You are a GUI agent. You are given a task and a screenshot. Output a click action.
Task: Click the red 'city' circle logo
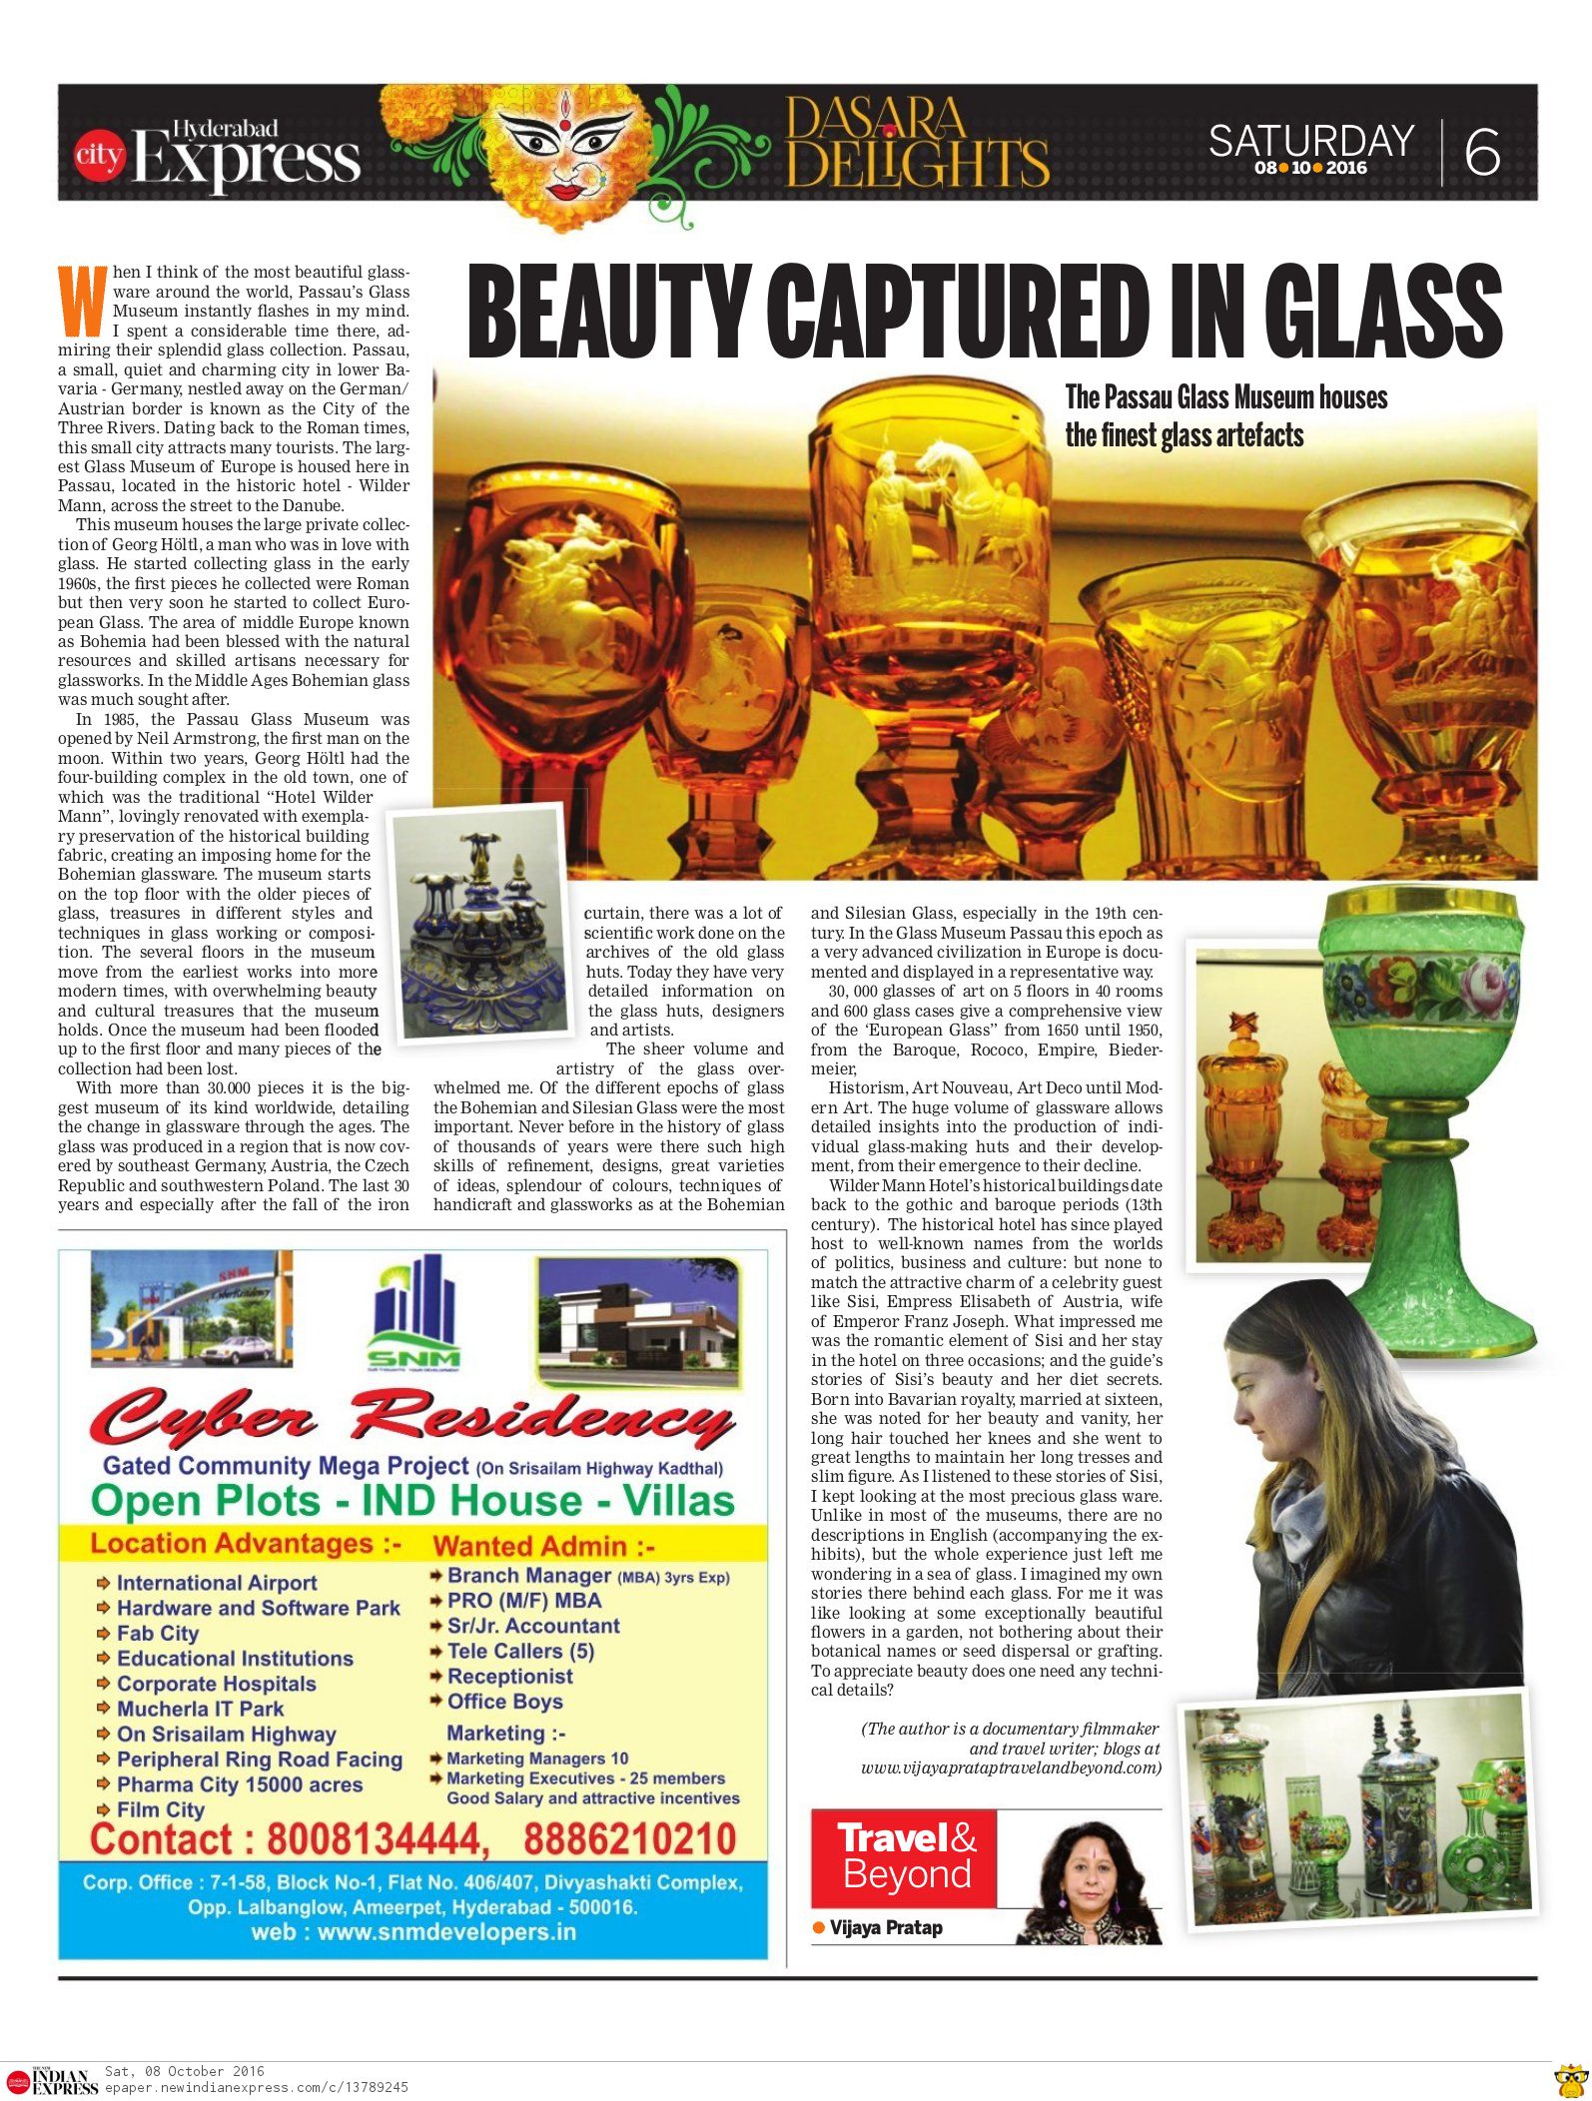tap(99, 155)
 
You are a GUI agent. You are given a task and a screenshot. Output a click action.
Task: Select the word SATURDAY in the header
tap(1310, 141)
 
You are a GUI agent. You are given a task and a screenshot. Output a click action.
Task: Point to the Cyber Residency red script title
tap(411, 1417)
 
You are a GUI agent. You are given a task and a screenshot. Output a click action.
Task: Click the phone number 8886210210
tap(629, 1839)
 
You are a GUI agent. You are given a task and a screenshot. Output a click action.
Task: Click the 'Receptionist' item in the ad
tap(509, 1677)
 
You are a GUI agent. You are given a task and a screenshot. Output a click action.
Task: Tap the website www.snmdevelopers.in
tap(413, 1932)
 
